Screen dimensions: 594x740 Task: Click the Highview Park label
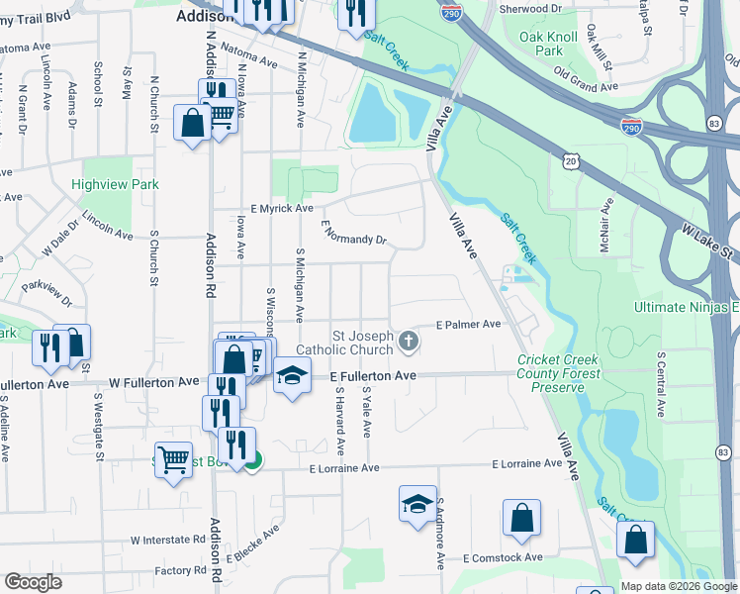(115, 184)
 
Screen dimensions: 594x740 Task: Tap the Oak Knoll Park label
(548, 44)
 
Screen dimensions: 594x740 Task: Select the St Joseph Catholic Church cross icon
(409, 343)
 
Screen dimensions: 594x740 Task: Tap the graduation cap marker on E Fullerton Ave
(292, 375)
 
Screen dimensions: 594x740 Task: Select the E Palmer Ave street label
(468, 324)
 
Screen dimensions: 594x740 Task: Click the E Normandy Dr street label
(353, 234)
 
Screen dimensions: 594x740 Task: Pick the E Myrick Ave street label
(281, 209)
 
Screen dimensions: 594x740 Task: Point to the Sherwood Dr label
(530, 7)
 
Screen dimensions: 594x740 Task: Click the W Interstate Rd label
(167, 541)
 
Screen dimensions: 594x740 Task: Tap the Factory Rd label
(179, 571)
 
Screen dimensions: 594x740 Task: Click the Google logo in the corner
(33, 582)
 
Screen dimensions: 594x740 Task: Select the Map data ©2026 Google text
(677, 586)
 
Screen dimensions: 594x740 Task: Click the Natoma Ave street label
(248, 60)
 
